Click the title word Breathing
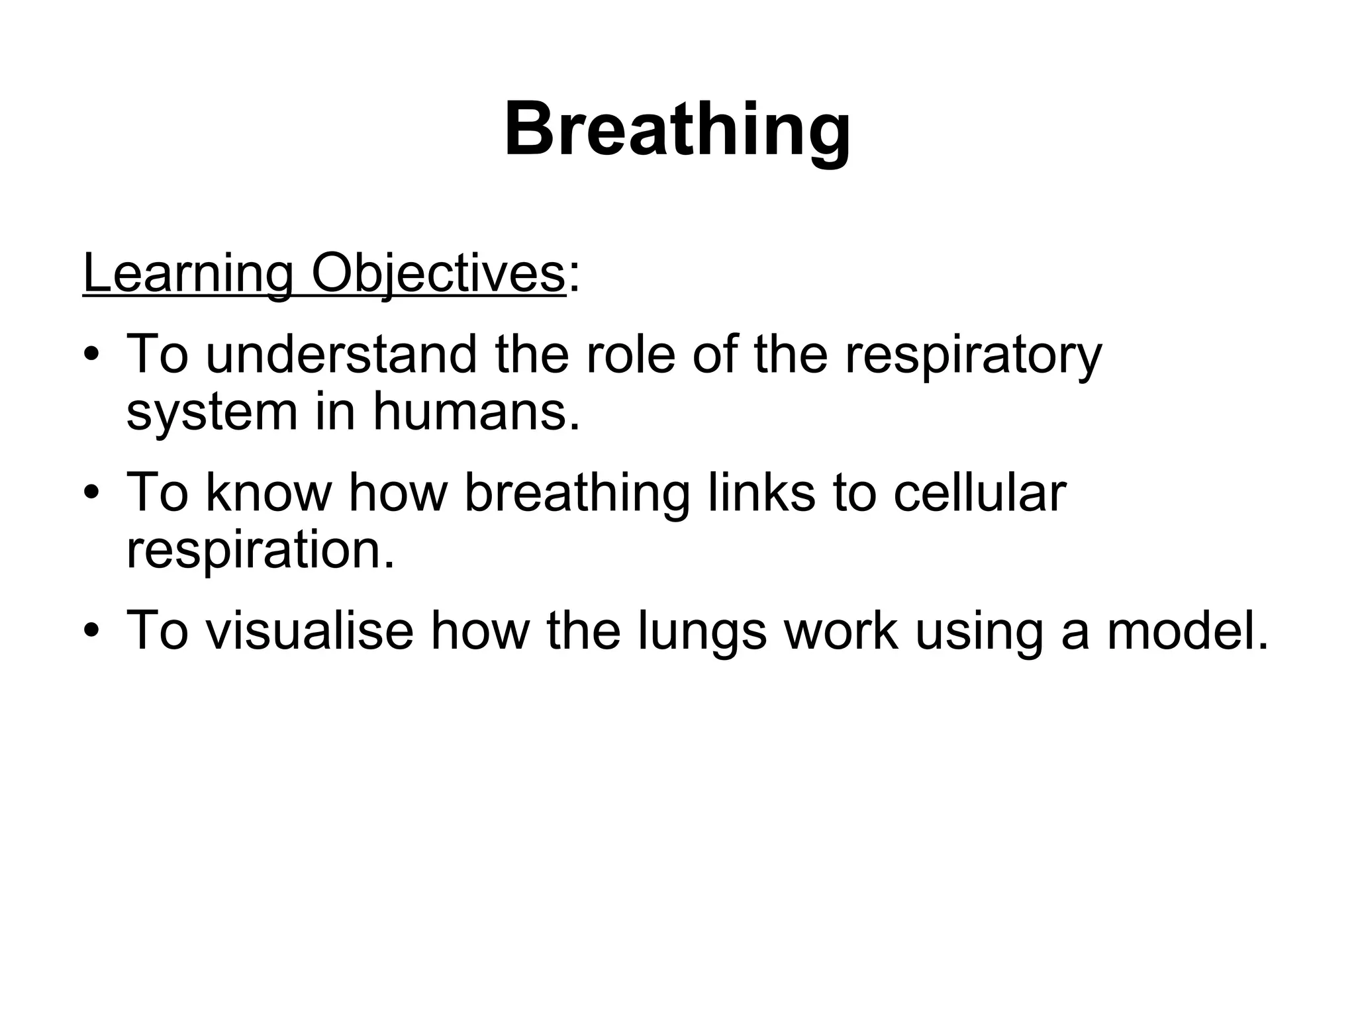(x=677, y=129)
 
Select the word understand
(x=340, y=355)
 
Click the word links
(x=761, y=492)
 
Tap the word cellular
(x=979, y=492)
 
